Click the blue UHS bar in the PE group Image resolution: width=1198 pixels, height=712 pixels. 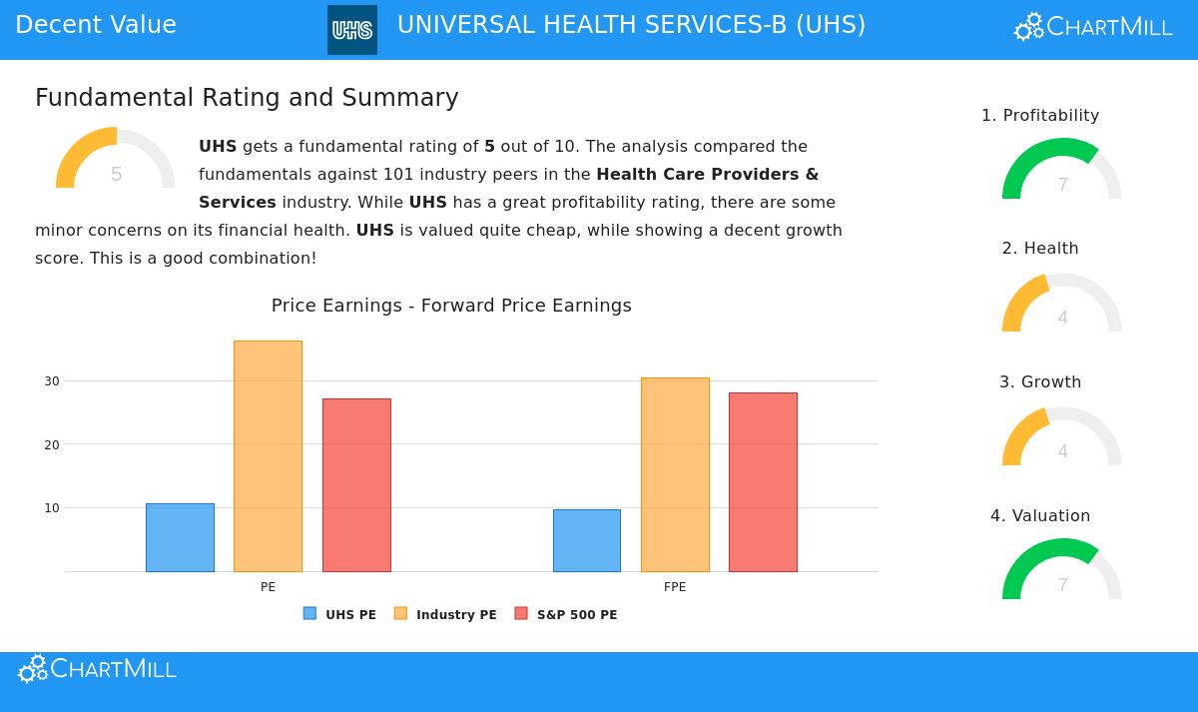180,537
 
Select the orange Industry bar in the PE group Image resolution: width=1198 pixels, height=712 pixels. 268,456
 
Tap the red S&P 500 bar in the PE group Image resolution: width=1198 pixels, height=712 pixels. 356,485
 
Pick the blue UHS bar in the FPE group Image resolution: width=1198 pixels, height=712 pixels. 587,540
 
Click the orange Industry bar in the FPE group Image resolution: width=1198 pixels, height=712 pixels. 675,474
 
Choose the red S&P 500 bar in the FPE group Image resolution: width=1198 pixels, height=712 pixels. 763,482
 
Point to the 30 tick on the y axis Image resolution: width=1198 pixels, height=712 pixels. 52,381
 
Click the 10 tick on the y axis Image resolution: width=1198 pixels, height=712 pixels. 52,508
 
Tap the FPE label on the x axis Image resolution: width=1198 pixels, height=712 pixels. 675,587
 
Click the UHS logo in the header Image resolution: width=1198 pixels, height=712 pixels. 352,30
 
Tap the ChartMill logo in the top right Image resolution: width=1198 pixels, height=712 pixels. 1093,27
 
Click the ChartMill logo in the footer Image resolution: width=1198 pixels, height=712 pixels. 98,669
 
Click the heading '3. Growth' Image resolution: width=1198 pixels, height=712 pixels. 1040,382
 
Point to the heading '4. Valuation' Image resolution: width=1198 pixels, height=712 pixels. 1040,516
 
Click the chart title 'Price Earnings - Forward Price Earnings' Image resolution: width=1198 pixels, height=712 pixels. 451,306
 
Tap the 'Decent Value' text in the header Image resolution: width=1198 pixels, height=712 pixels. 96,26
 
